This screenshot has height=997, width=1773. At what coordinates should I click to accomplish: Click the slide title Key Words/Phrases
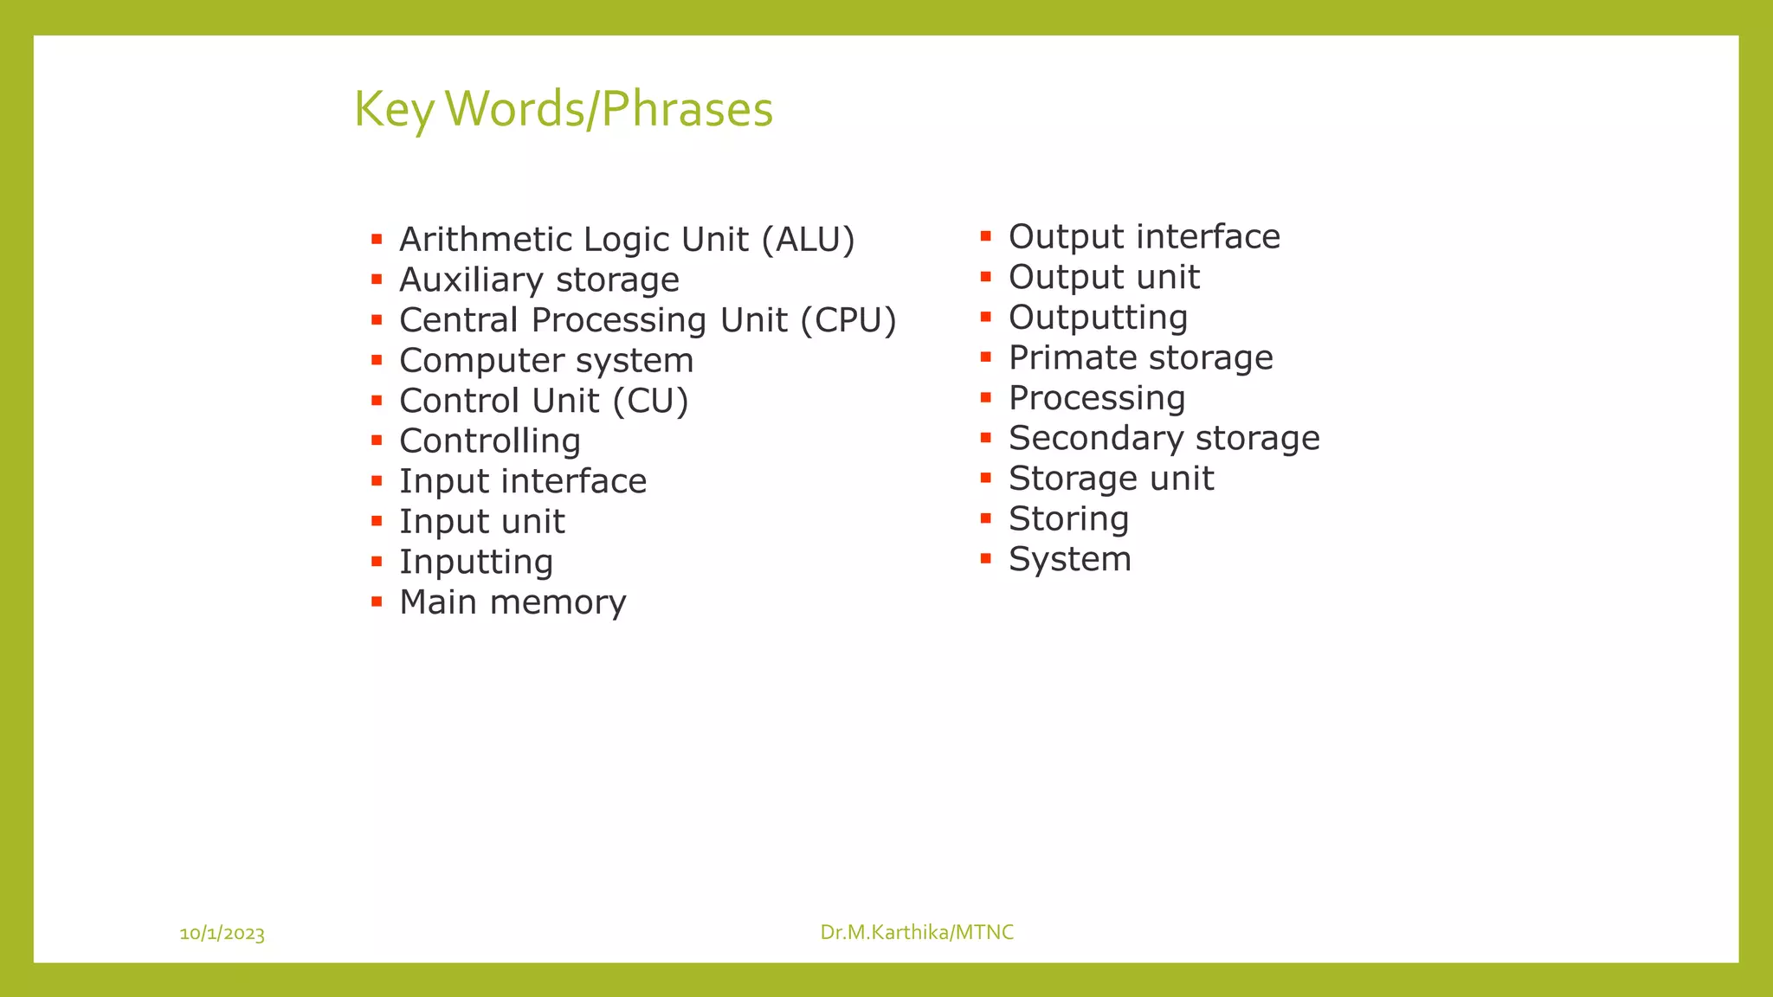point(563,110)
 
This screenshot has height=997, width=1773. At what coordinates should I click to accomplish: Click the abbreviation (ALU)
point(808,240)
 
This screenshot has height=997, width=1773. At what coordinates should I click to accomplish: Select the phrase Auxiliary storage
point(538,280)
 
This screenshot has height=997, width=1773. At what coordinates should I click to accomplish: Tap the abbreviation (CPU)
point(848,320)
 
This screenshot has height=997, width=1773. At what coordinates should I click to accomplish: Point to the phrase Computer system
point(545,361)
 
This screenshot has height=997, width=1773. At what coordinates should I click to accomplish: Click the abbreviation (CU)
point(650,401)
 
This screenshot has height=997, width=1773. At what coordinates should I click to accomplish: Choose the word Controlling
point(489,441)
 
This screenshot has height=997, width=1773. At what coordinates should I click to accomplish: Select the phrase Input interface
point(522,481)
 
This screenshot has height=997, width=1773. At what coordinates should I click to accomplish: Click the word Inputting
point(475,563)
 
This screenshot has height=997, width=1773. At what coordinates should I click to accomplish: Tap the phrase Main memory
point(512,602)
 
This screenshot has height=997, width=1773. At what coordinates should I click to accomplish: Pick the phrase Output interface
point(1144,237)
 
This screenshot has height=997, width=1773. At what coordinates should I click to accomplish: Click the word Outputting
point(1098,318)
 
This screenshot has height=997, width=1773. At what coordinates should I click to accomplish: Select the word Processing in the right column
point(1096,398)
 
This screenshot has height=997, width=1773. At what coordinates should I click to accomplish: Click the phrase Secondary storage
point(1164,438)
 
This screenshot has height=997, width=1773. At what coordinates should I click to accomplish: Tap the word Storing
point(1068,519)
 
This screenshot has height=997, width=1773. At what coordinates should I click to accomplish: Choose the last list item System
point(1069,559)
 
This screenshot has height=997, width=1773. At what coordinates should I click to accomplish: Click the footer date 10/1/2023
point(222,933)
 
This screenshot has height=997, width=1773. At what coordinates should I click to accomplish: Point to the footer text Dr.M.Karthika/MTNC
point(917,932)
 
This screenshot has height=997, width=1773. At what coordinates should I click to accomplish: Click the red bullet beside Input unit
point(377,521)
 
